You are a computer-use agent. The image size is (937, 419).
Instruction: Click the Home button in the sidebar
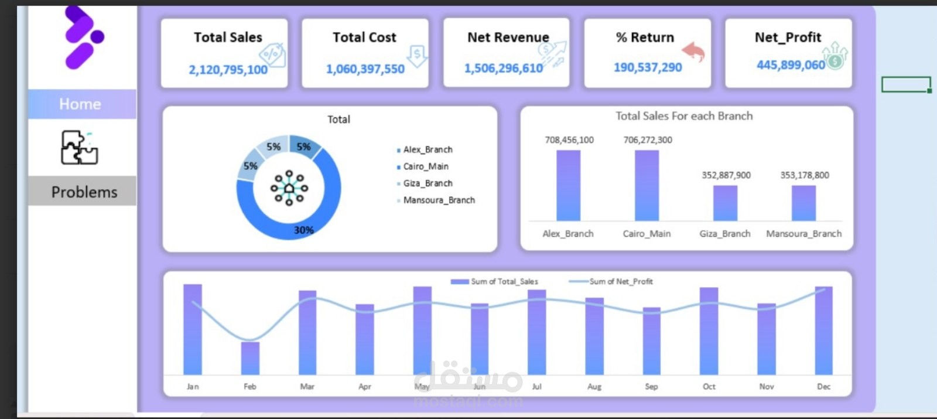click(81, 104)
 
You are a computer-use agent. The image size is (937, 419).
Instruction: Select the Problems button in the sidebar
click(83, 192)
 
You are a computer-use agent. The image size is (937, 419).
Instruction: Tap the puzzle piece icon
click(79, 147)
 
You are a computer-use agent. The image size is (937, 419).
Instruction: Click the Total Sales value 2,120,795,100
click(228, 70)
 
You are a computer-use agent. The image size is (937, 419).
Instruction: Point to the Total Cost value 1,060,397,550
click(365, 69)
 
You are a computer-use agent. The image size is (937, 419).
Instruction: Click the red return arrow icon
click(694, 52)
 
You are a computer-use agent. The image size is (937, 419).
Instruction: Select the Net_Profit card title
click(788, 38)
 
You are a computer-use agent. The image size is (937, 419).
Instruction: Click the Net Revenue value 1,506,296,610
click(504, 69)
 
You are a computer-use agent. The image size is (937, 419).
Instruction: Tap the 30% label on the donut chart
click(303, 230)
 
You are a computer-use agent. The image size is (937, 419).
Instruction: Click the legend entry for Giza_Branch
click(427, 183)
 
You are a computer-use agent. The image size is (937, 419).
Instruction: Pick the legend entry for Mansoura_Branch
click(438, 200)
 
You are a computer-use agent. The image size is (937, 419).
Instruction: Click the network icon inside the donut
click(289, 188)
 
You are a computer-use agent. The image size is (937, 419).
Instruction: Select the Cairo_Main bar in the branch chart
click(647, 185)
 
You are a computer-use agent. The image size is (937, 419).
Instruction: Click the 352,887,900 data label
click(726, 175)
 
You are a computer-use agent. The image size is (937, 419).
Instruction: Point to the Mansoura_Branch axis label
click(803, 234)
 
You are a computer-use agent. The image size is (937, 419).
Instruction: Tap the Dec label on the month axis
click(823, 387)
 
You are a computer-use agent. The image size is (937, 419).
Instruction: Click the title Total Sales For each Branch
click(684, 116)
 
